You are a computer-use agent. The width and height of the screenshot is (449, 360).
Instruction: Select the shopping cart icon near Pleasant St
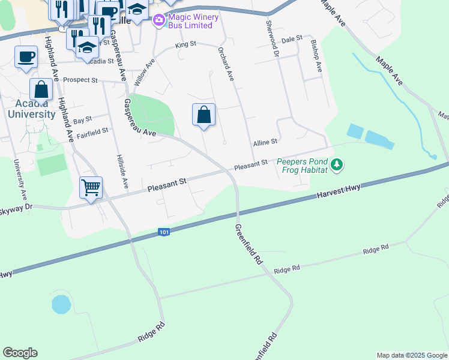point(91,188)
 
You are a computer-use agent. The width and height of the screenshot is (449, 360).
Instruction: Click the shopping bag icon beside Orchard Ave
point(204,114)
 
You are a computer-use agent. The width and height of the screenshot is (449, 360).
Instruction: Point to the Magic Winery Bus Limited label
point(190,21)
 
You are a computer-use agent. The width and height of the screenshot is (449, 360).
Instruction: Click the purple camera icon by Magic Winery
point(158,21)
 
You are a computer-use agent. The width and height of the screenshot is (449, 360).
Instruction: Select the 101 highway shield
point(164,232)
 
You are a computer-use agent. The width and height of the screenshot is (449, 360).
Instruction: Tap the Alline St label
point(265,142)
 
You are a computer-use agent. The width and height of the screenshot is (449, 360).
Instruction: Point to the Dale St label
point(291,38)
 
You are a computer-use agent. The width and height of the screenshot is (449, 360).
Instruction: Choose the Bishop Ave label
point(316,56)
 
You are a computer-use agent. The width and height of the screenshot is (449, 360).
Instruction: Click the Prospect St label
point(80,80)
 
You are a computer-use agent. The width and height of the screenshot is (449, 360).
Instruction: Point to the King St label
point(185,44)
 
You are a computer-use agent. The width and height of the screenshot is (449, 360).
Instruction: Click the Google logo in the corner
point(20,353)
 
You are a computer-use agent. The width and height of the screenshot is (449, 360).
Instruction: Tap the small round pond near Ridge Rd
point(61,304)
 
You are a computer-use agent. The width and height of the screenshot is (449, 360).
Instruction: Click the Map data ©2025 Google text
point(412,355)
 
